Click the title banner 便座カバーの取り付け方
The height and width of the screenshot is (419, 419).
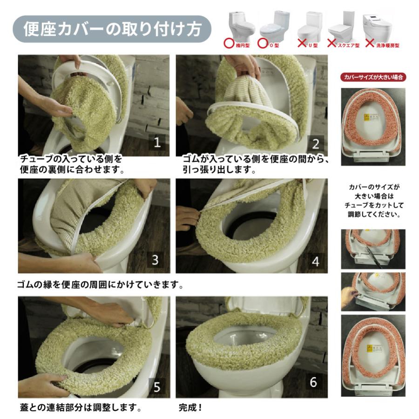click(112, 29)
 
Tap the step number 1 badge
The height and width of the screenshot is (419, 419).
click(157, 142)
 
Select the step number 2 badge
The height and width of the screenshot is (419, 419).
click(315, 143)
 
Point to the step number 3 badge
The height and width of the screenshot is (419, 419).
click(155, 260)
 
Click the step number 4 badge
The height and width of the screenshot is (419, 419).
click(315, 261)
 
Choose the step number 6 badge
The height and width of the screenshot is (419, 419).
click(313, 382)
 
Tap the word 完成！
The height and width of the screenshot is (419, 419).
click(191, 408)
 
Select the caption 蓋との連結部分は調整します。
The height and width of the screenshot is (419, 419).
click(80, 408)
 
